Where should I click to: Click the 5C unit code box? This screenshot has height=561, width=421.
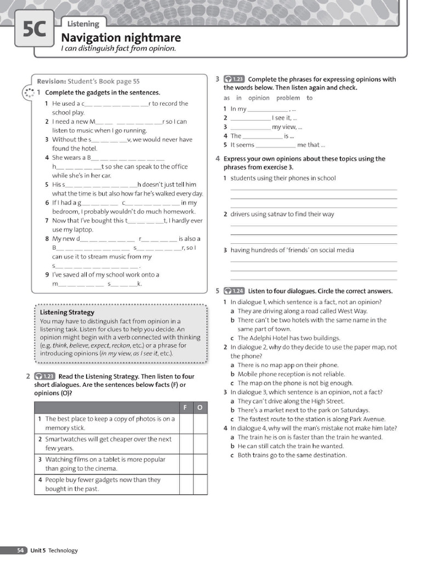[35, 30]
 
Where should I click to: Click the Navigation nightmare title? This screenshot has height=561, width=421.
[121, 38]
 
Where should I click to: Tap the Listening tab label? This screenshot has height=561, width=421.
[83, 24]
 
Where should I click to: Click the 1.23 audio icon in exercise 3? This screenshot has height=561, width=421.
[235, 79]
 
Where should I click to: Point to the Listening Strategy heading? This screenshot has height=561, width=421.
[67, 312]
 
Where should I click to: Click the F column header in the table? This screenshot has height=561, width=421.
[185, 408]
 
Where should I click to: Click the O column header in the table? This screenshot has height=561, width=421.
[200, 408]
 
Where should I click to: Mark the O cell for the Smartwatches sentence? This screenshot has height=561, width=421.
[200, 443]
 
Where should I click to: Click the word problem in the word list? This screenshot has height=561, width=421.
[288, 98]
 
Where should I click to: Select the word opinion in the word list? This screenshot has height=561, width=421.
[259, 98]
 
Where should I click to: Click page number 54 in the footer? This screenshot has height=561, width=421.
[20, 550]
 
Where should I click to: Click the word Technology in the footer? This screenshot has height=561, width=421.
[63, 550]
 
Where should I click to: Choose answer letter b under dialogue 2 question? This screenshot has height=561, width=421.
[232, 374]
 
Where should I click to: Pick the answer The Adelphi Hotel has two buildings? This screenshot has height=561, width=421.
[288, 338]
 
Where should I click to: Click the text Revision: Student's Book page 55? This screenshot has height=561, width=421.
[88, 81]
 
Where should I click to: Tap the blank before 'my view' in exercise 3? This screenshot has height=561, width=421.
[250, 127]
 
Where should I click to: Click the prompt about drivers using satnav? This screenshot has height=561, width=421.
[282, 214]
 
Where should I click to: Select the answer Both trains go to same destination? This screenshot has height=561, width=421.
[292, 455]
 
